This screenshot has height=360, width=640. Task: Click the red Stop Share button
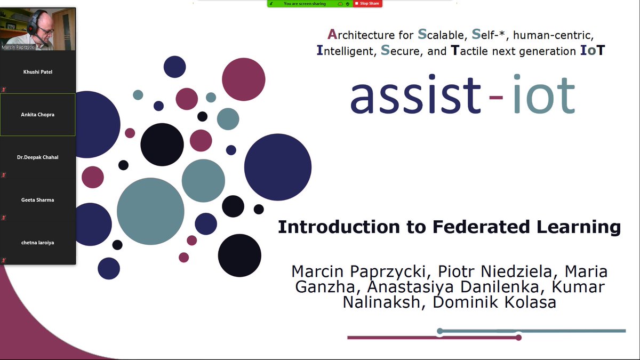click(x=367, y=3)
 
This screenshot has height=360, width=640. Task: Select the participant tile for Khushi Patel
click(x=38, y=71)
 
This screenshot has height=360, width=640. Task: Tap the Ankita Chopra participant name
click(x=38, y=114)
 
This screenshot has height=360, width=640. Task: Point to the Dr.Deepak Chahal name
click(x=38, y=157)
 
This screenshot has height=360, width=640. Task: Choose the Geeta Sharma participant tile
click(x=38, y=200)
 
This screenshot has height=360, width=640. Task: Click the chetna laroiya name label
click(x=38, y=243)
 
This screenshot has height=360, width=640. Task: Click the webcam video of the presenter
click(x=38, y=29)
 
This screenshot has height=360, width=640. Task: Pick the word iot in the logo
click(x=543, y=96)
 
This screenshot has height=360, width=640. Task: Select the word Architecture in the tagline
click(x=370, y=35)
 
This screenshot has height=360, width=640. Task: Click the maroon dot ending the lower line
click(x=518, y=338)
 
